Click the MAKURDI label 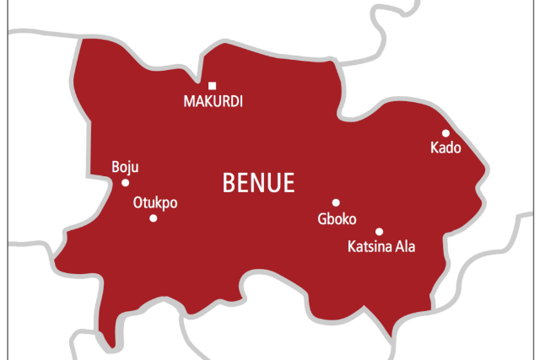(x=213, y=102)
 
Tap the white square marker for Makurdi (x=212, y=85)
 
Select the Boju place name (x=124, y=167)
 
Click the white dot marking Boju (x=126, y=182)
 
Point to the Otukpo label (x=155, y=202)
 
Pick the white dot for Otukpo (x=153, y=218)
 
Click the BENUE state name (x=258, y=183)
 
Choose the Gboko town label (x=337, y=219)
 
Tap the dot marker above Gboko (x=336, y=202)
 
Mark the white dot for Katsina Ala (x=379, y=231)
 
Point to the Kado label (x=445, y=148)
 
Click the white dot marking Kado (x=445, y=132)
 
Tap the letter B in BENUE (x=228, y=183)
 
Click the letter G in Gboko (x=321, y=219)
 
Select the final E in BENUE (x=289, y=183)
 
